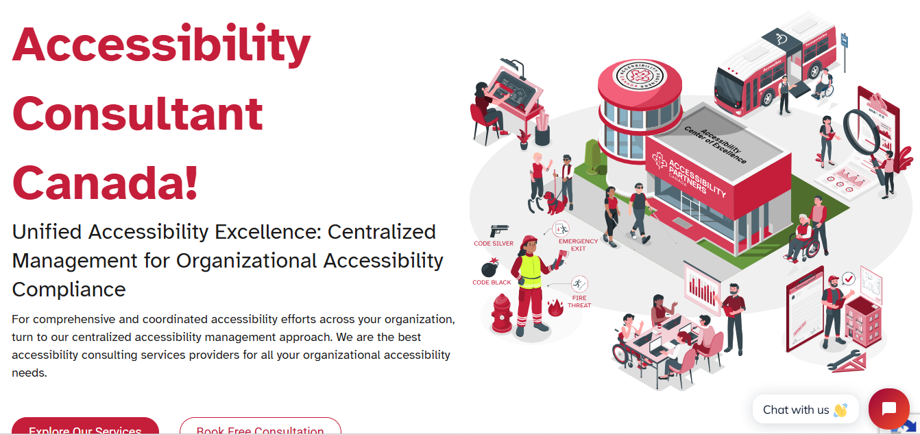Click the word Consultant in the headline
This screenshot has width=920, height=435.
(x=138, y=114)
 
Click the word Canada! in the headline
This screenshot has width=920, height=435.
(x=106, y=182)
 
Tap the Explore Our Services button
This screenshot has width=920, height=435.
(x=85, y=428)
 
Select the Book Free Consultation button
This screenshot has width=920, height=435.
(x=260, y=428)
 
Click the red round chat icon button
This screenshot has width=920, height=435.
(x=888, y=409)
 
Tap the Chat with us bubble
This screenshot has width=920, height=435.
(x=805, y=410)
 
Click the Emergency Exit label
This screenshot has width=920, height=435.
(x=578, y=245)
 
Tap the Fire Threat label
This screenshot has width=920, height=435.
(x=579, y=302)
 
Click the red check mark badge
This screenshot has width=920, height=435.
(x=849, y=279)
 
